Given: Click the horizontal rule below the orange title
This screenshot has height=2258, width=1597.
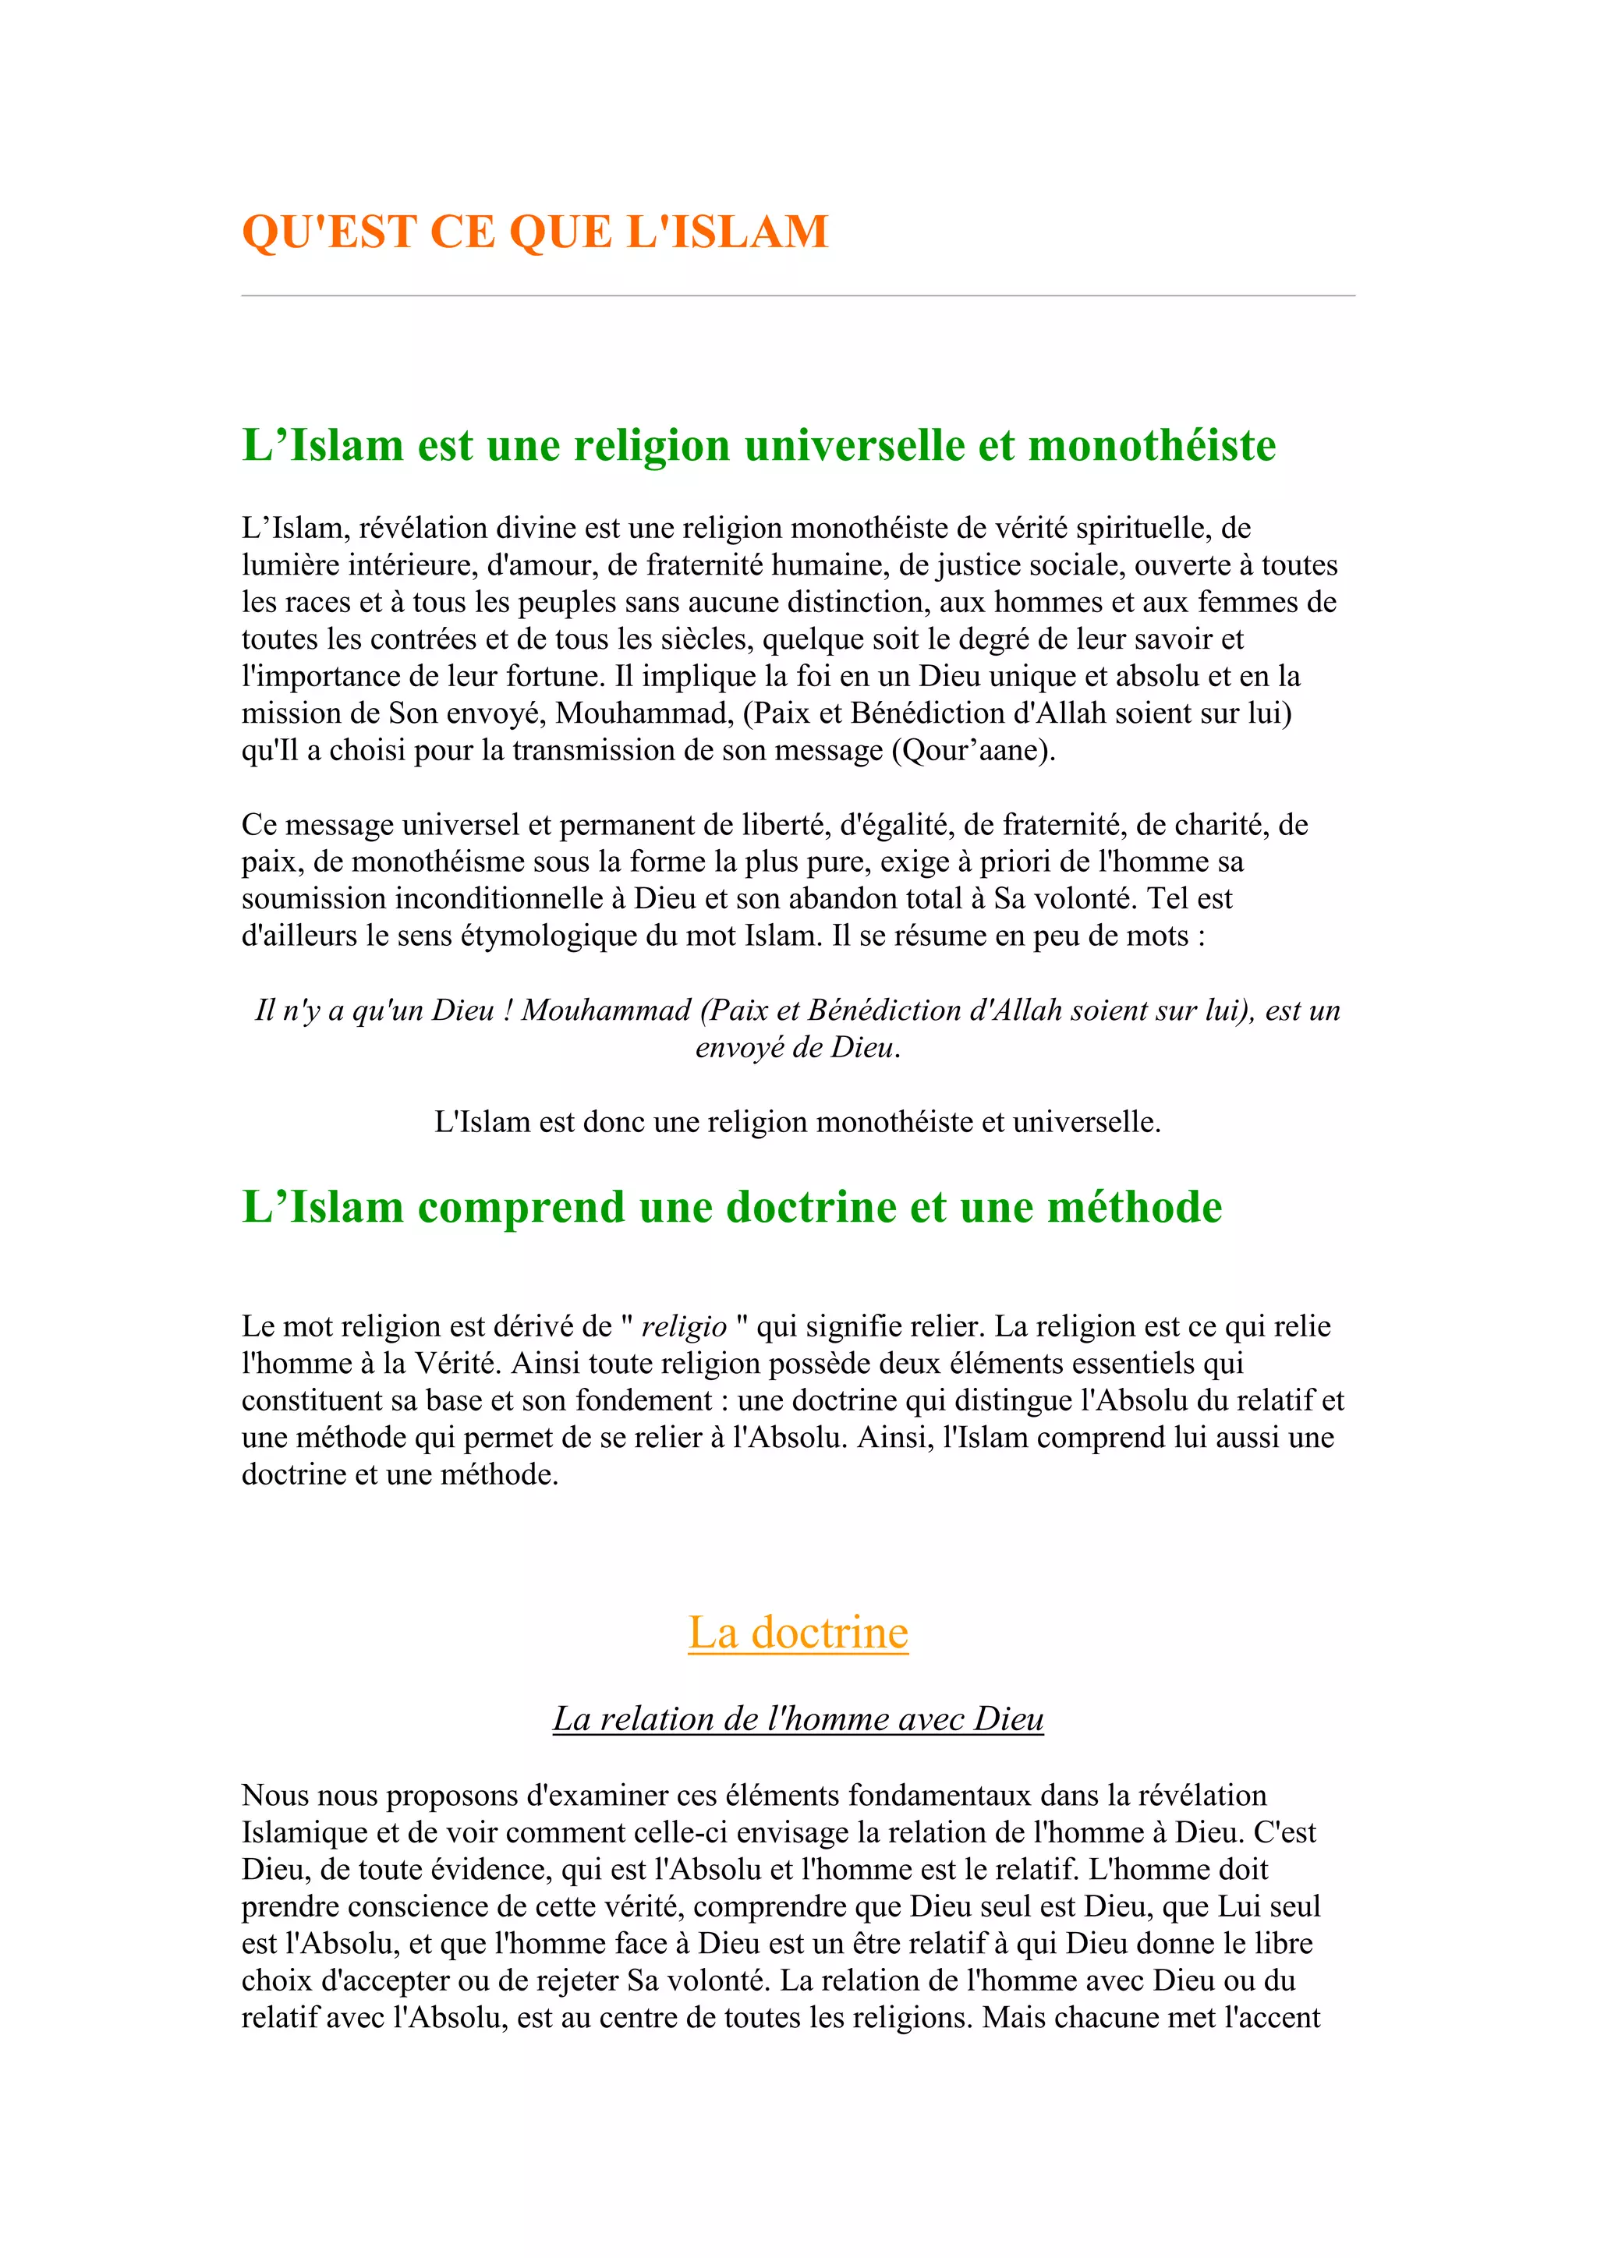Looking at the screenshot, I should (x=798, y=295).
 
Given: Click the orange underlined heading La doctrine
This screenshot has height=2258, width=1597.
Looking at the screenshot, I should (x=798, y=1633).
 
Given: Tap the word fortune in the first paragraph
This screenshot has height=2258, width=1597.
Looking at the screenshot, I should (x=551, y=677).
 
